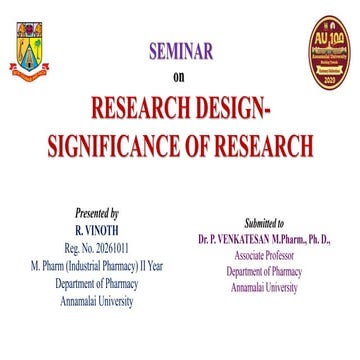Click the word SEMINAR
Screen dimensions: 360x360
click(x=180, y=51)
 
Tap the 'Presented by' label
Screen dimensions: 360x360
click(x=97, y=213)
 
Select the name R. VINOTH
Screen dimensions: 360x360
click(x=97, y=228)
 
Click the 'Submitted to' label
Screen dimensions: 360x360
click(x=264, y=223)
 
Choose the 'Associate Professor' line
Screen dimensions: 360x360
click(x=264, y=256)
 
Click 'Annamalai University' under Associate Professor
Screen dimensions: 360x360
click(x=264, y=287)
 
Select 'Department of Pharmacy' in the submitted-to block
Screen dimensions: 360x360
click(x=264, y=272)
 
